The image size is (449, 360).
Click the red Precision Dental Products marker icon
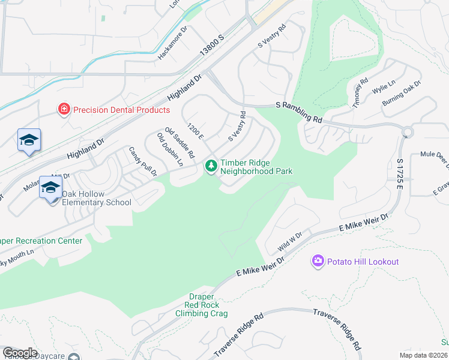pyautogui.click(x=63, y=109)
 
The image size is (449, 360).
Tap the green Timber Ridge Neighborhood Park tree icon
pyautogui.click(x=211, y=165)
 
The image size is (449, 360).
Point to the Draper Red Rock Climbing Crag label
pyautogui.click(x=201, y=305)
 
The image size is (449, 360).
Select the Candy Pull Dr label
pyautogui.click(x=143, y=161)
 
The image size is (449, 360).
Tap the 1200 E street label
pyautogui.click(x=196, y=131)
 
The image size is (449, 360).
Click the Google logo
pyautogui.click(x=20, y=353)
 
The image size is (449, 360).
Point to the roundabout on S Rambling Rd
pyautogui.click(x=408, y=132)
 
